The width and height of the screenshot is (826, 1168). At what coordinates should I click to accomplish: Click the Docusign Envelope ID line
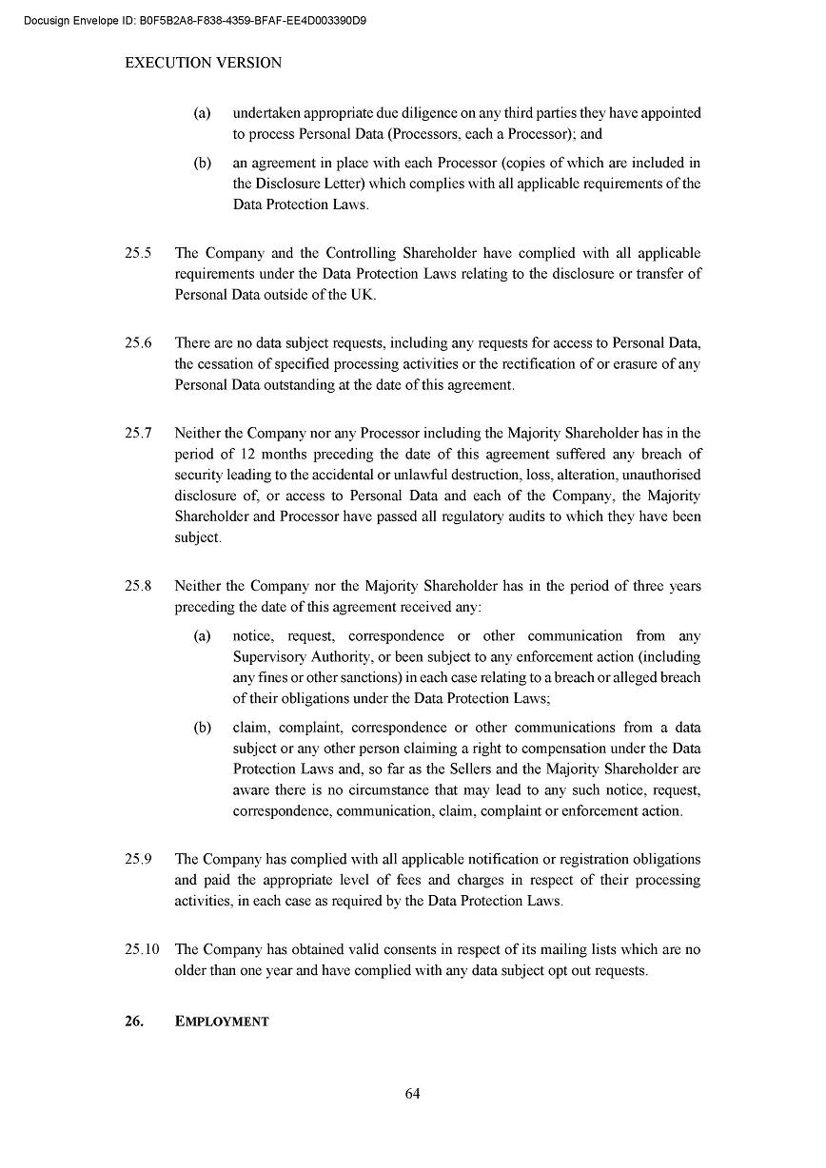tap(195, 20)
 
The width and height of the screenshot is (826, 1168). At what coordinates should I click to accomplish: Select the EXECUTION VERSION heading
tap(204, 63)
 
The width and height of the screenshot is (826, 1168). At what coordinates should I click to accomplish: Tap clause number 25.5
tap(138, 253)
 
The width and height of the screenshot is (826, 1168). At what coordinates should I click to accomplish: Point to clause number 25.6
tap(138, 343)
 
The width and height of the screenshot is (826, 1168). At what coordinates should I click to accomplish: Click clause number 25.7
tap(138, 434)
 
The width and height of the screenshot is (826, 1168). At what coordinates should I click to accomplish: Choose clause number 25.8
tap(138, 587)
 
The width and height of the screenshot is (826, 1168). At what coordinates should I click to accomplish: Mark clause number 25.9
tap(138, 859)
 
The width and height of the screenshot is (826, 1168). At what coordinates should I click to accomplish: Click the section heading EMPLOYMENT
tap(222, 1022)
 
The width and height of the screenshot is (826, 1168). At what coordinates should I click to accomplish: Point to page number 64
tap(412, 1094)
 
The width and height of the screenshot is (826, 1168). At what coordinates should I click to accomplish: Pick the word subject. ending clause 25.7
tap(197, 537)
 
